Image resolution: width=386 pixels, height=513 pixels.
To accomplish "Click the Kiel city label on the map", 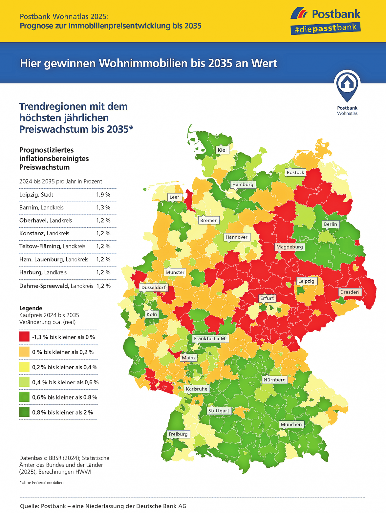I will [222, 150].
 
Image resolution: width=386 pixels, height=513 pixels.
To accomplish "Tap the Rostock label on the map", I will [295, 172].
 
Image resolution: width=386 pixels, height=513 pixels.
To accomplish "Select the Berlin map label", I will [330, 224].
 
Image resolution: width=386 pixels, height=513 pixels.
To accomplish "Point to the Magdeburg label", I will [289, 247].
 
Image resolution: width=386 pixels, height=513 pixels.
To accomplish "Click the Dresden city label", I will [349, 292].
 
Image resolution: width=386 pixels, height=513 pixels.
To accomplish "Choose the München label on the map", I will [291, 424].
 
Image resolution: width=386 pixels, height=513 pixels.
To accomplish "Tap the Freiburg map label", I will [178, 434].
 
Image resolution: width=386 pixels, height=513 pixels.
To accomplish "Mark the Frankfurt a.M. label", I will [210, 338].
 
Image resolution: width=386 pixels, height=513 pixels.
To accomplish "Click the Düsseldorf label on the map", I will [154, 288].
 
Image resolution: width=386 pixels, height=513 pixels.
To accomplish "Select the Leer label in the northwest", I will [174, 197].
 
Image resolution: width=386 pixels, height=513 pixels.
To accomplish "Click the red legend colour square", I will [24, 337].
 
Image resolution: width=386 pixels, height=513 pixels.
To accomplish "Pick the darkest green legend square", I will [24, 412].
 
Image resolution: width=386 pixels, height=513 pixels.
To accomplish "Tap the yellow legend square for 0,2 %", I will [24, 367].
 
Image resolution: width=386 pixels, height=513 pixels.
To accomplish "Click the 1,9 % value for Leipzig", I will [103, 195].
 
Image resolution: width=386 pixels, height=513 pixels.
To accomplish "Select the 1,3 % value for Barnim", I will [103, 207].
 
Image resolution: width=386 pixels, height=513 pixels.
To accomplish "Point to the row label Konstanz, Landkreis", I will [44, 233].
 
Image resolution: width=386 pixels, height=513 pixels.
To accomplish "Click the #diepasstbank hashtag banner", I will [325, 28].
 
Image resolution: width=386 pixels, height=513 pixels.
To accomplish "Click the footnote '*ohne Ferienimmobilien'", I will [41, 482].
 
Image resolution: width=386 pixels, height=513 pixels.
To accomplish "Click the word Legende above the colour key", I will [31, 308].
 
